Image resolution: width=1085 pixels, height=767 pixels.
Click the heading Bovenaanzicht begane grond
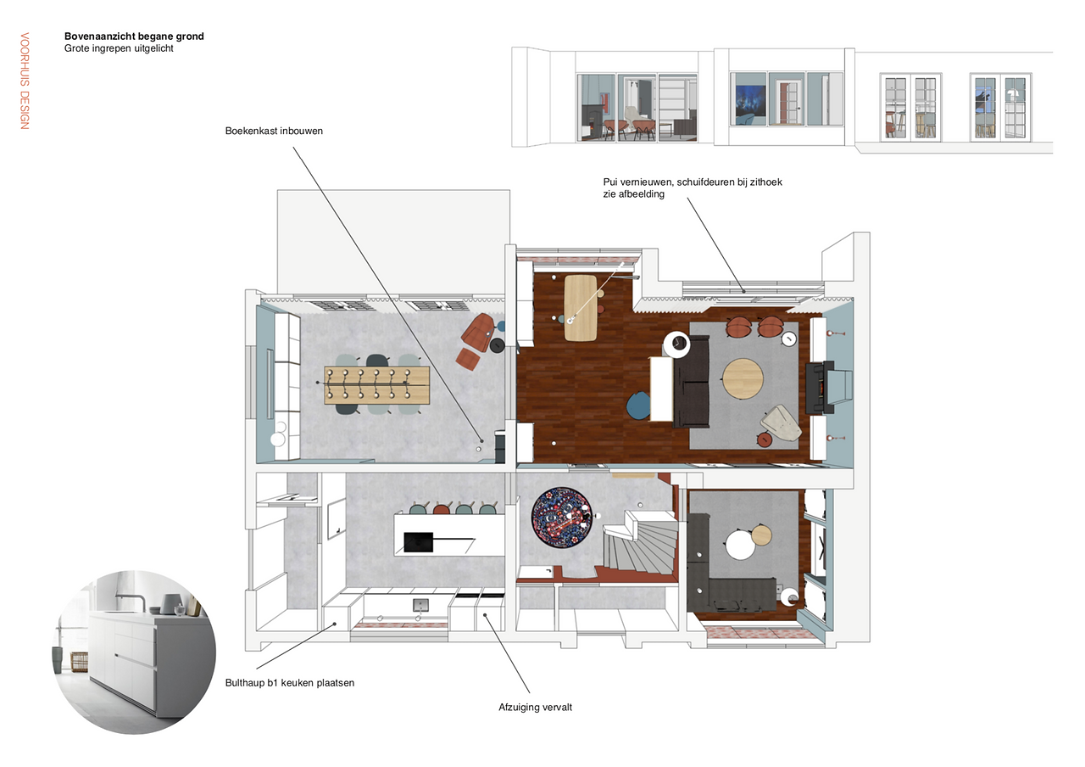pyautogui.click(x=134, y=36)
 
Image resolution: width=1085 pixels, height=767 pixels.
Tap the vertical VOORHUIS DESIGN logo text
pyautogui.click(x=25, y=81)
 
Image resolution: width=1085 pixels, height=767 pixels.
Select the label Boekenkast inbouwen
pyautogui.click(x=274, y=131)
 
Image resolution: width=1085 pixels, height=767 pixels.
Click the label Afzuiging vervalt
pyautogui.click(x=535, y=708)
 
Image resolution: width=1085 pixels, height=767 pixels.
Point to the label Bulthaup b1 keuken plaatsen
pyautogui.click(x=290, y=683)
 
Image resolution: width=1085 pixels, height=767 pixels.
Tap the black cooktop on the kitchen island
pyautogui.click(x=418, y=542)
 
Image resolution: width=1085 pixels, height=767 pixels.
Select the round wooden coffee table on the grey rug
pyautogui.click(x=743, y=378)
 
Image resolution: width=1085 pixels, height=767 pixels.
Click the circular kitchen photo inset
pyautogui.click(x=134, y=652)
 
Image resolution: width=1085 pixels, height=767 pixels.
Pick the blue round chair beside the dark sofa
pyautogui.click(x=638, y=405)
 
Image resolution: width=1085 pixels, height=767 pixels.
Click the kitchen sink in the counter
pyautogui.click(x=420, y=605)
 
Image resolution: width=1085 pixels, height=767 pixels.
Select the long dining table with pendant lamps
pyautogui.click(x=377, y=385)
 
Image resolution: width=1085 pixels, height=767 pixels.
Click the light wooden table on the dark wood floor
pyautogui.click(x=581, y=307)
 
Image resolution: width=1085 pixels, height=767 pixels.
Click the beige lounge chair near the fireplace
pyautogui.click(x=782, y=423)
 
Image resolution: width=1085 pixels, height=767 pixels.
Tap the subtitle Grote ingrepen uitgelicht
pyautogui.click(x=119, y=48)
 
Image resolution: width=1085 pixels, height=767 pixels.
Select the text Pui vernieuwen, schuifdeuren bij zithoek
pyautogui.click(x=693, y=182)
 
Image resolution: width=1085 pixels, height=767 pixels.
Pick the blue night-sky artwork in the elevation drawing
pyautogui.click(x=751, y=105)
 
